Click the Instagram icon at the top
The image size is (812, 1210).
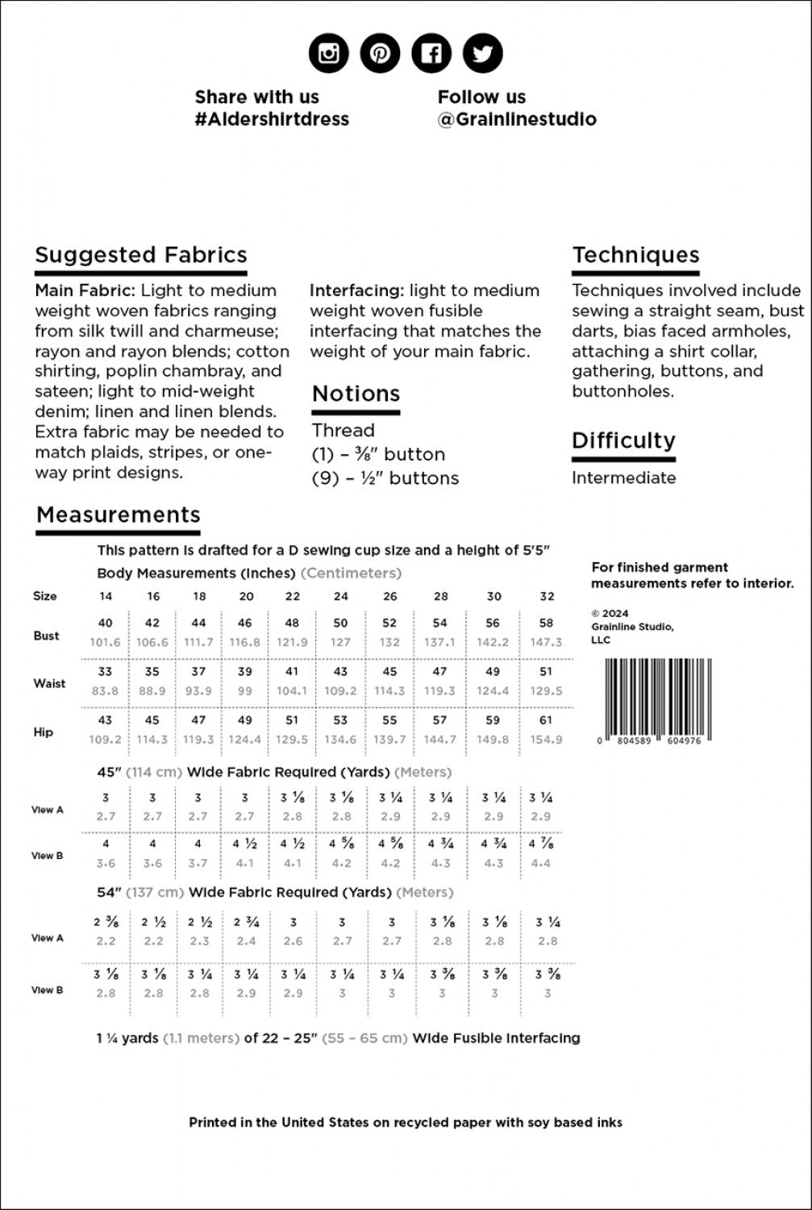pos(329,54)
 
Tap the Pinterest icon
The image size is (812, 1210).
pos(380,54)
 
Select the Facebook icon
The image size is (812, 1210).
pos(431,54)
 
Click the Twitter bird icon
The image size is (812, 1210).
pos(482,54)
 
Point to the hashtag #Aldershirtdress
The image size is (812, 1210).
pos(272,119)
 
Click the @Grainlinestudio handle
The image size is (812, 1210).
pos(517,119)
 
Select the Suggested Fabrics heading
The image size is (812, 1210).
pos(141,255)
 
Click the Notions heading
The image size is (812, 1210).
pos(356,394)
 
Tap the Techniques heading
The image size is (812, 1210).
pos(635,255)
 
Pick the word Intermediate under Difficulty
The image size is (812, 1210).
pos(623,478)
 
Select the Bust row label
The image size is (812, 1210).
pos(46,636)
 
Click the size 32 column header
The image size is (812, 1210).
pos(547,596)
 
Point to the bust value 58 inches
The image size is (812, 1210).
pos(546,623)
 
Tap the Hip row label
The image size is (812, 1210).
pos(44,732)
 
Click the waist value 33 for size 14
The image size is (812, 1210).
pos(106,671)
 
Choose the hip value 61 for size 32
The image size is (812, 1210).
pos(546,720)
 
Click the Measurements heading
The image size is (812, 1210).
pos(119,515)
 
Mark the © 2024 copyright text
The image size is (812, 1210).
pos(610,613)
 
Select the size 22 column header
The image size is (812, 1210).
pos(292,596)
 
